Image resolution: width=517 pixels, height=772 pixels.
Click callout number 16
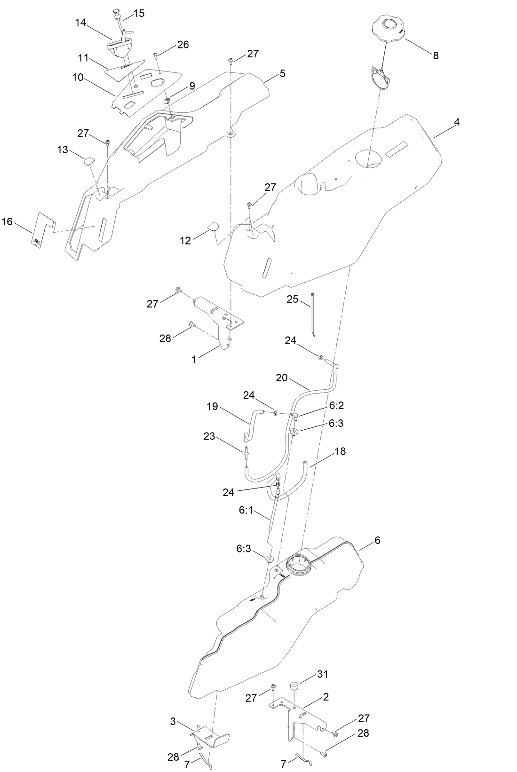coord(7,221)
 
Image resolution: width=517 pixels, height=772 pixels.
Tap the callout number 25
coord(293,299)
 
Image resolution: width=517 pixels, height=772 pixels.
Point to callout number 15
coord(139,13)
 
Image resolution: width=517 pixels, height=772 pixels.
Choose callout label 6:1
coord(246,509)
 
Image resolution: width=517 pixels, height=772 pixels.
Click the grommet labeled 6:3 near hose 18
coord(294,432)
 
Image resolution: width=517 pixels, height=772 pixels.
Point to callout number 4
coord(456,122)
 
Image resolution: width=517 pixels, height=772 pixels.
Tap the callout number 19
coord(213,406)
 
